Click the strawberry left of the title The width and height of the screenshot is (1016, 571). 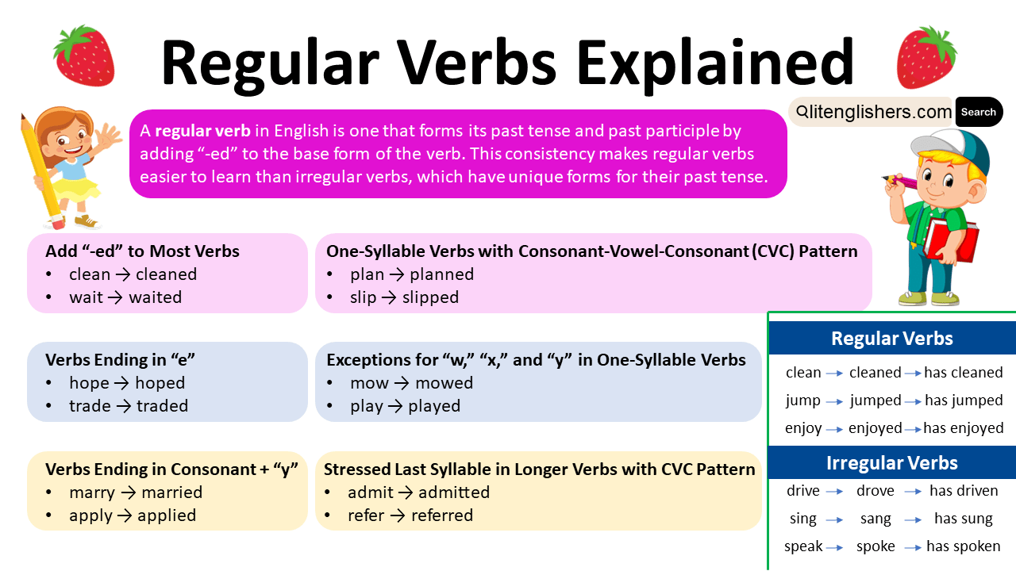(x=84, y=56)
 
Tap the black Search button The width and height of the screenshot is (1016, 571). (x=978, y=113)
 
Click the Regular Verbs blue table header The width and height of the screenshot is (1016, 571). (x=892, y=339)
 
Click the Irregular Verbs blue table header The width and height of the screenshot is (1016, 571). (x=892, y=463)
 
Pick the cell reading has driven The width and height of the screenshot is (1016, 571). (x=964, y=491)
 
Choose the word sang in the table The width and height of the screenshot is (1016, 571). (x=876, y=519)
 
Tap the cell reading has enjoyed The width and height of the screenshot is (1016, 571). (x=964, y=428)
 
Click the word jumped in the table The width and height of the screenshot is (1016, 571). (x=876, y=400)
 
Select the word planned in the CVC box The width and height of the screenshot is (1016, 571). (x=442, y=274)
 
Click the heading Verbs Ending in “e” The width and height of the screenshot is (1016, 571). (x=120, y=360)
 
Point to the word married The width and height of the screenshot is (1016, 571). (x=172, y=492)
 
